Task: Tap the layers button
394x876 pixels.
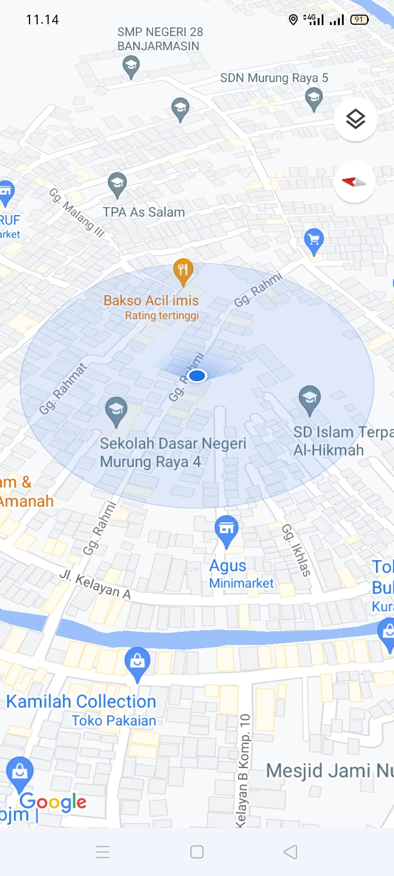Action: pyautogui.click(x=355, y=119)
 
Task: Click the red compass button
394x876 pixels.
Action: pyautogui.click(x=354, y=182)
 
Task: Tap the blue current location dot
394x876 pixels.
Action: pyautogui.click(x=196, y=376)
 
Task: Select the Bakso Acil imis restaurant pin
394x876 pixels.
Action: pyautogui.click(x=183, y=271)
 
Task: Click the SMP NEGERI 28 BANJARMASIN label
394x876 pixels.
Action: pyautogui.click(x=159, y=39)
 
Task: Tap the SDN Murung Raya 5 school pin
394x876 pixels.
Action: pyautogui.click(x=314, y=99)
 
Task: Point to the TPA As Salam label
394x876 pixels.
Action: pyautogui.click(x=144, y=212)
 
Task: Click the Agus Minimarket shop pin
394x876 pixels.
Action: pyautogui.click(x=227, y=529)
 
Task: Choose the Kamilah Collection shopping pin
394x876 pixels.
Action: pyautogui.click(x=137, y=662)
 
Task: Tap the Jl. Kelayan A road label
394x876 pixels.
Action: pyautogui.click(x=95, y=585)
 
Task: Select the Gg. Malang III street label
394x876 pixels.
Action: pyautogui.click(x=77, y=212)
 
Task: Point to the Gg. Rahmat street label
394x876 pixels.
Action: pyautogui.click(x=63, y=389)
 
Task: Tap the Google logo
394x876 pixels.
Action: pyautogui.click(x=53, y=803)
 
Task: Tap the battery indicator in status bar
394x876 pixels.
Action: pyautogui.click(x=360, y=20)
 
